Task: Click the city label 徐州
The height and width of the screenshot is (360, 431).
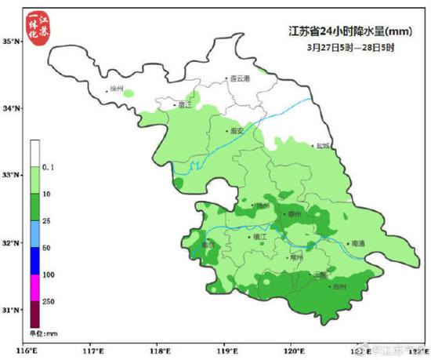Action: (x=118, y=89)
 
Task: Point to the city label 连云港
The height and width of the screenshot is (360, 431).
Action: (x=239, y=79)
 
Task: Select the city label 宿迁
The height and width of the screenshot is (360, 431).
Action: (x=185, y=104)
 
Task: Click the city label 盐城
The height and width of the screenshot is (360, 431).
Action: (x=323, y=145)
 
